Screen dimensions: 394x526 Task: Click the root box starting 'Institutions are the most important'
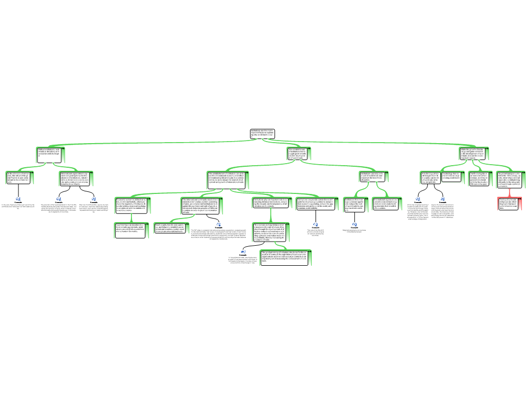point(262,134)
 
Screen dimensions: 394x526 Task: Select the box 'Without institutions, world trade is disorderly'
point(50,154)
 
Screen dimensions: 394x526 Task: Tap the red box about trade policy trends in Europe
point(509,203)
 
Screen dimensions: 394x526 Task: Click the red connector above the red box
point(509,192)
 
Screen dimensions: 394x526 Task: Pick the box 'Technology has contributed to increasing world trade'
point(451,177)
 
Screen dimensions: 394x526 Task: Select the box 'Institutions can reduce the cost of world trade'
point(373,176)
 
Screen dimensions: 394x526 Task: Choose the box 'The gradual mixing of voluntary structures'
point(285,258)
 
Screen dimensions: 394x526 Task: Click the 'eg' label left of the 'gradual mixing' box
point(243,251)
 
